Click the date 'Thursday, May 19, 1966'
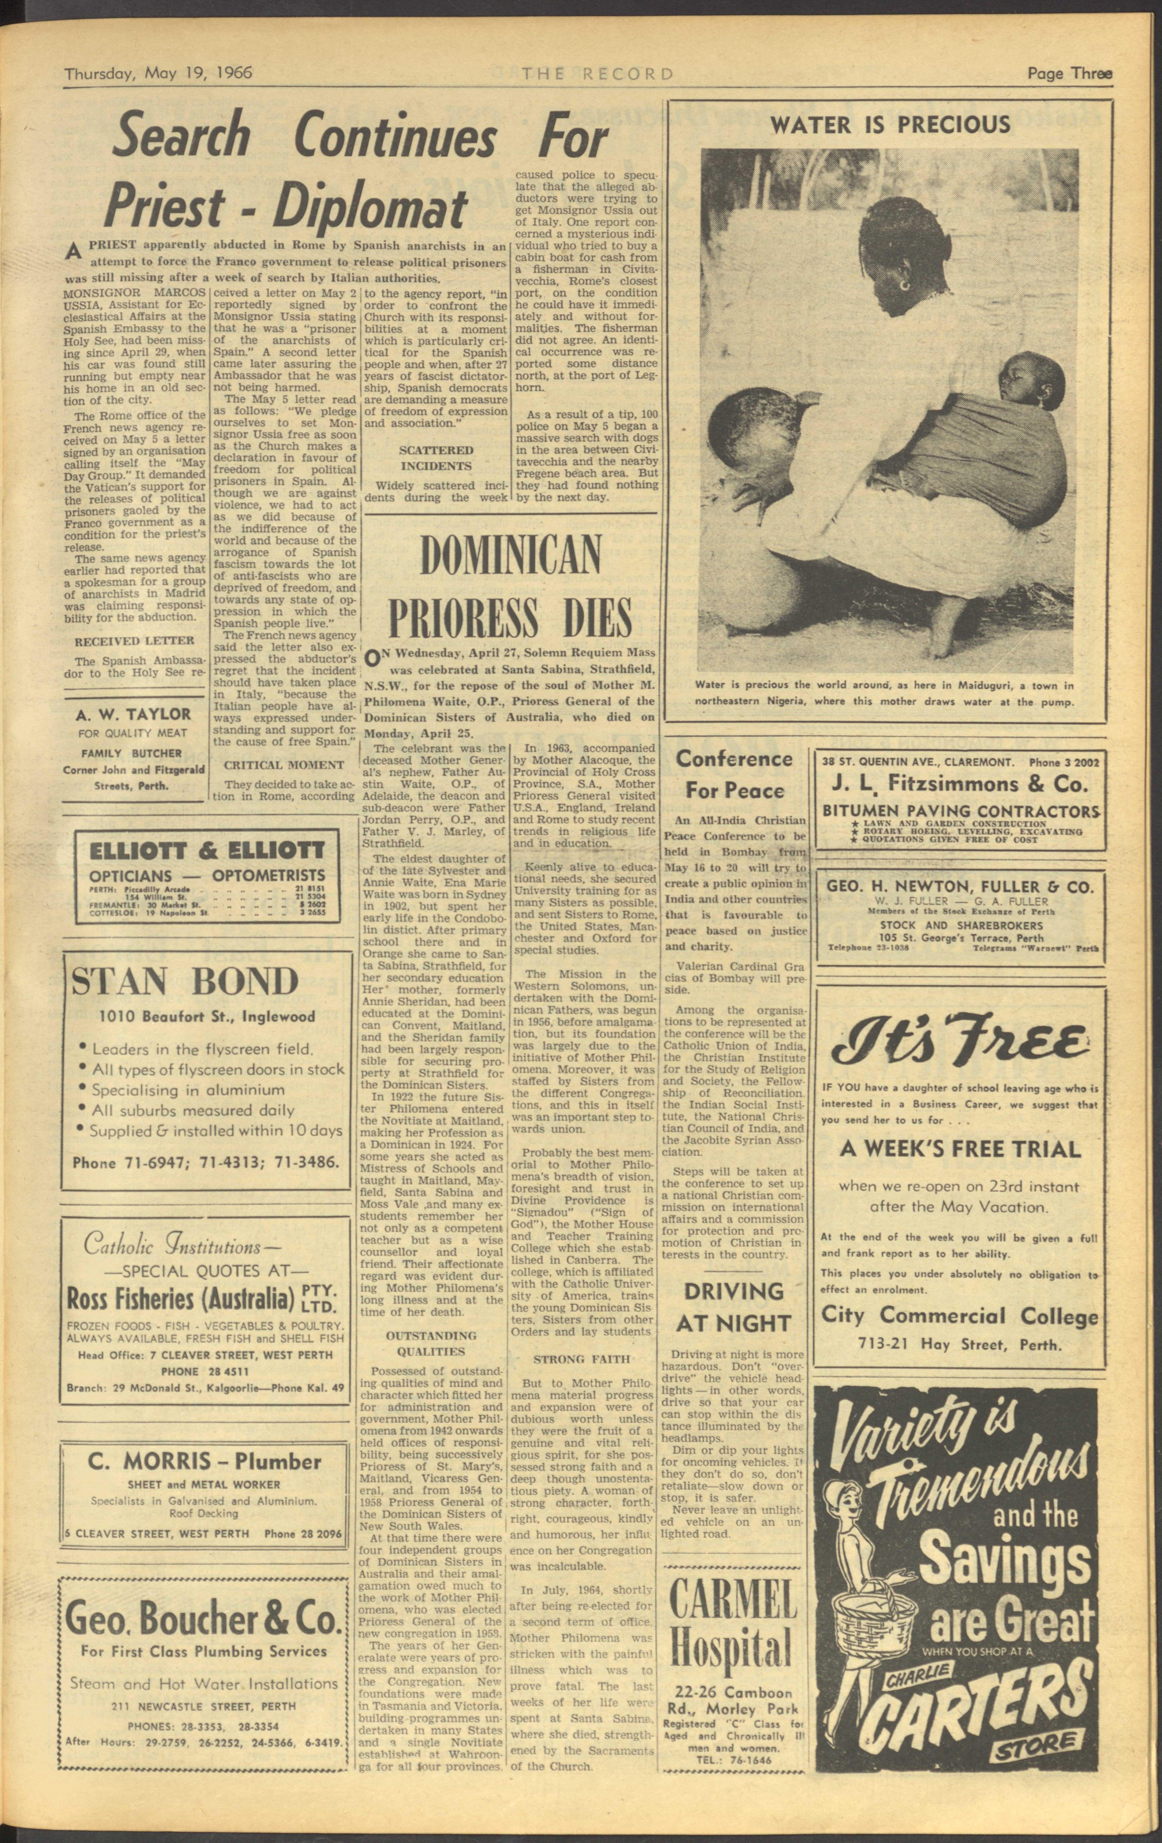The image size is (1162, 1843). pos(158,74)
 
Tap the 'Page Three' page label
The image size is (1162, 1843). pos(1069,74)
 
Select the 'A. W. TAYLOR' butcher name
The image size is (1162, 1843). pos(134,714)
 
